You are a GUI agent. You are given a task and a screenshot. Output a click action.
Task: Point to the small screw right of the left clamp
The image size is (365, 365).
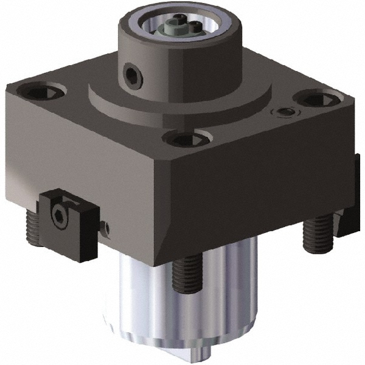point(106,228)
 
